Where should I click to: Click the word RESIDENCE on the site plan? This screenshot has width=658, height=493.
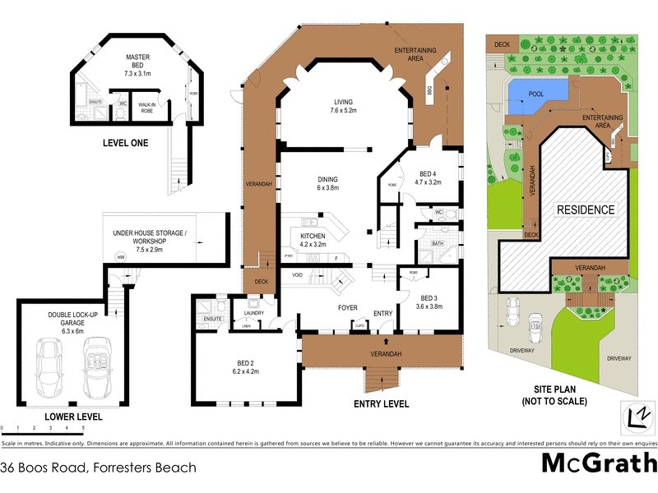click(586, 210)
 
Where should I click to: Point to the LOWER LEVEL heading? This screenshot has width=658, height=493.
click(73, 417)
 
